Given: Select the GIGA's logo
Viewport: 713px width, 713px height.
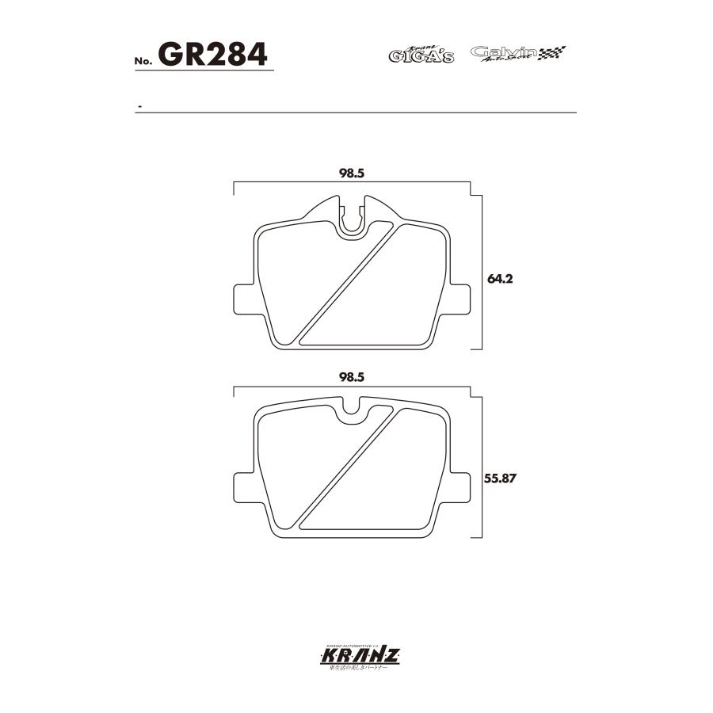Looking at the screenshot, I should tap(421, 55).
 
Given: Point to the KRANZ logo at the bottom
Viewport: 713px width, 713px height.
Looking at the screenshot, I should tap(356, 657).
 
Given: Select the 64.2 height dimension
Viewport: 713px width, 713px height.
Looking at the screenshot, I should tap(497, 279).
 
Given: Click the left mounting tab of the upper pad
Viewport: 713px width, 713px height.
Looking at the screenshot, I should tap(244, 301).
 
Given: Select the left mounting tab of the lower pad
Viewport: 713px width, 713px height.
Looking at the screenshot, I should tap(244, 486).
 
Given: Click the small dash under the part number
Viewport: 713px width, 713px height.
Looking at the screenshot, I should tap(139, 106).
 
